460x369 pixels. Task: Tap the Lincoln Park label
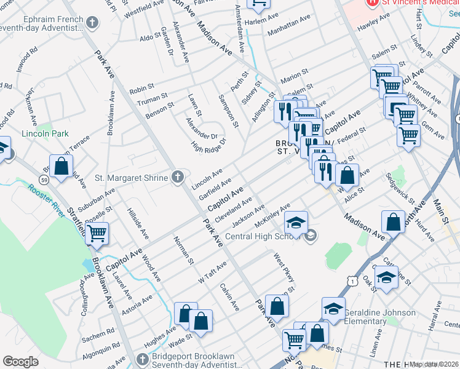[45, 133]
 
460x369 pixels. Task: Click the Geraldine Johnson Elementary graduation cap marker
[333, 308]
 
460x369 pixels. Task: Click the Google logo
[20, 362]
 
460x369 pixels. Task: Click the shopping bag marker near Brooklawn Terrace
[61, 166]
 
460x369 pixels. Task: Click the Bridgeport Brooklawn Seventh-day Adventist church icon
[141, 358]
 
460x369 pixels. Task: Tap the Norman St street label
[184, 250]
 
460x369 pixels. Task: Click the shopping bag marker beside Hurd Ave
[392, 223]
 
